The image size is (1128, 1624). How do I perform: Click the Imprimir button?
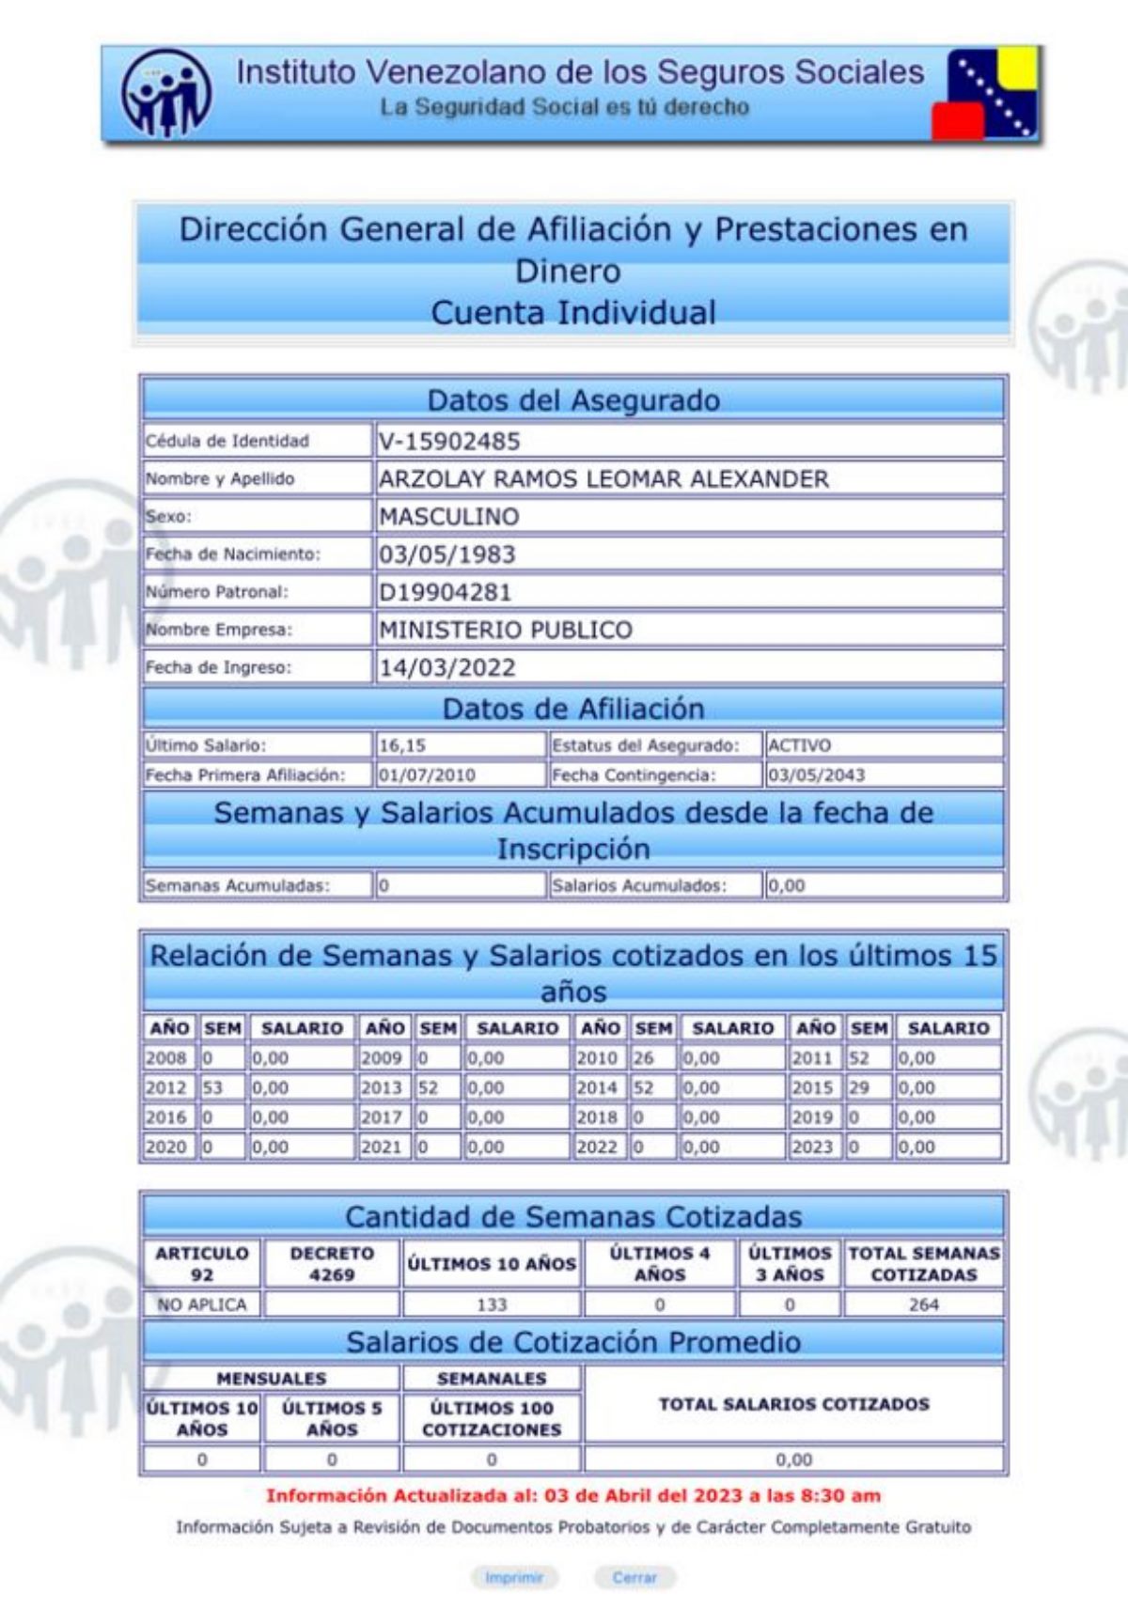(514, 1577)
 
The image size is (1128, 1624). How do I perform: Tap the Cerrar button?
(634, 1577)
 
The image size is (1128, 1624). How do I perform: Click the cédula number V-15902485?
(449, 441)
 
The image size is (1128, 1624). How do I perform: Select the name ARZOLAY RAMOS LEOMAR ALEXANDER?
(603, 479)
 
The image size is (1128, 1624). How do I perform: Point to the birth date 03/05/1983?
(447, 554)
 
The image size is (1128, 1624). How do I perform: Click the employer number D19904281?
(446, 592)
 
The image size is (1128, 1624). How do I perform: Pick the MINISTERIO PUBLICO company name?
(506, 630)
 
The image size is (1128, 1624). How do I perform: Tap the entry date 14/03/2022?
(447, 668)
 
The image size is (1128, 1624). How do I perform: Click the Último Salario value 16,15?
(402, 745)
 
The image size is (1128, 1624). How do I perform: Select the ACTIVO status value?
(800, 745)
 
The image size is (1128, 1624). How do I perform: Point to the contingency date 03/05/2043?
(816, 775)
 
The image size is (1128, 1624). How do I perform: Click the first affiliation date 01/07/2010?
(427, 775)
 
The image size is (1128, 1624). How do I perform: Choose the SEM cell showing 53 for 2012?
(213, 1087)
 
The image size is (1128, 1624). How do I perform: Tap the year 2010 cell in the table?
(597, 1057)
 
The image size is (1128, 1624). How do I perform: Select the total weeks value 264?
(923, 1304)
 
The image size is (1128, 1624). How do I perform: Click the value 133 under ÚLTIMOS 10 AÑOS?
(492, 1304)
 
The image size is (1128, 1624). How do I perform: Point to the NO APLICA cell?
(202, 1304)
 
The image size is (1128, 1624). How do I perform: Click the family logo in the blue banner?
(166, 94)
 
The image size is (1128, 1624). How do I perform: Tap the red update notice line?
(573, 1495)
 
